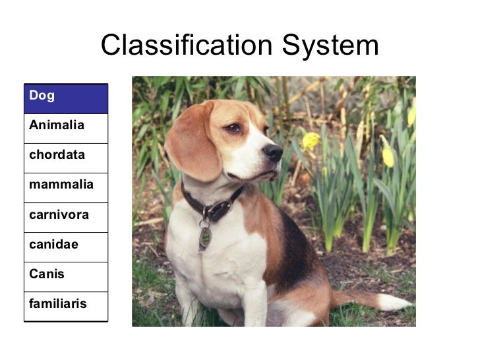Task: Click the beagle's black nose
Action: tap(273, 153)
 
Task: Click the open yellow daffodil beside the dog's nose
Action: tap(311, 140)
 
